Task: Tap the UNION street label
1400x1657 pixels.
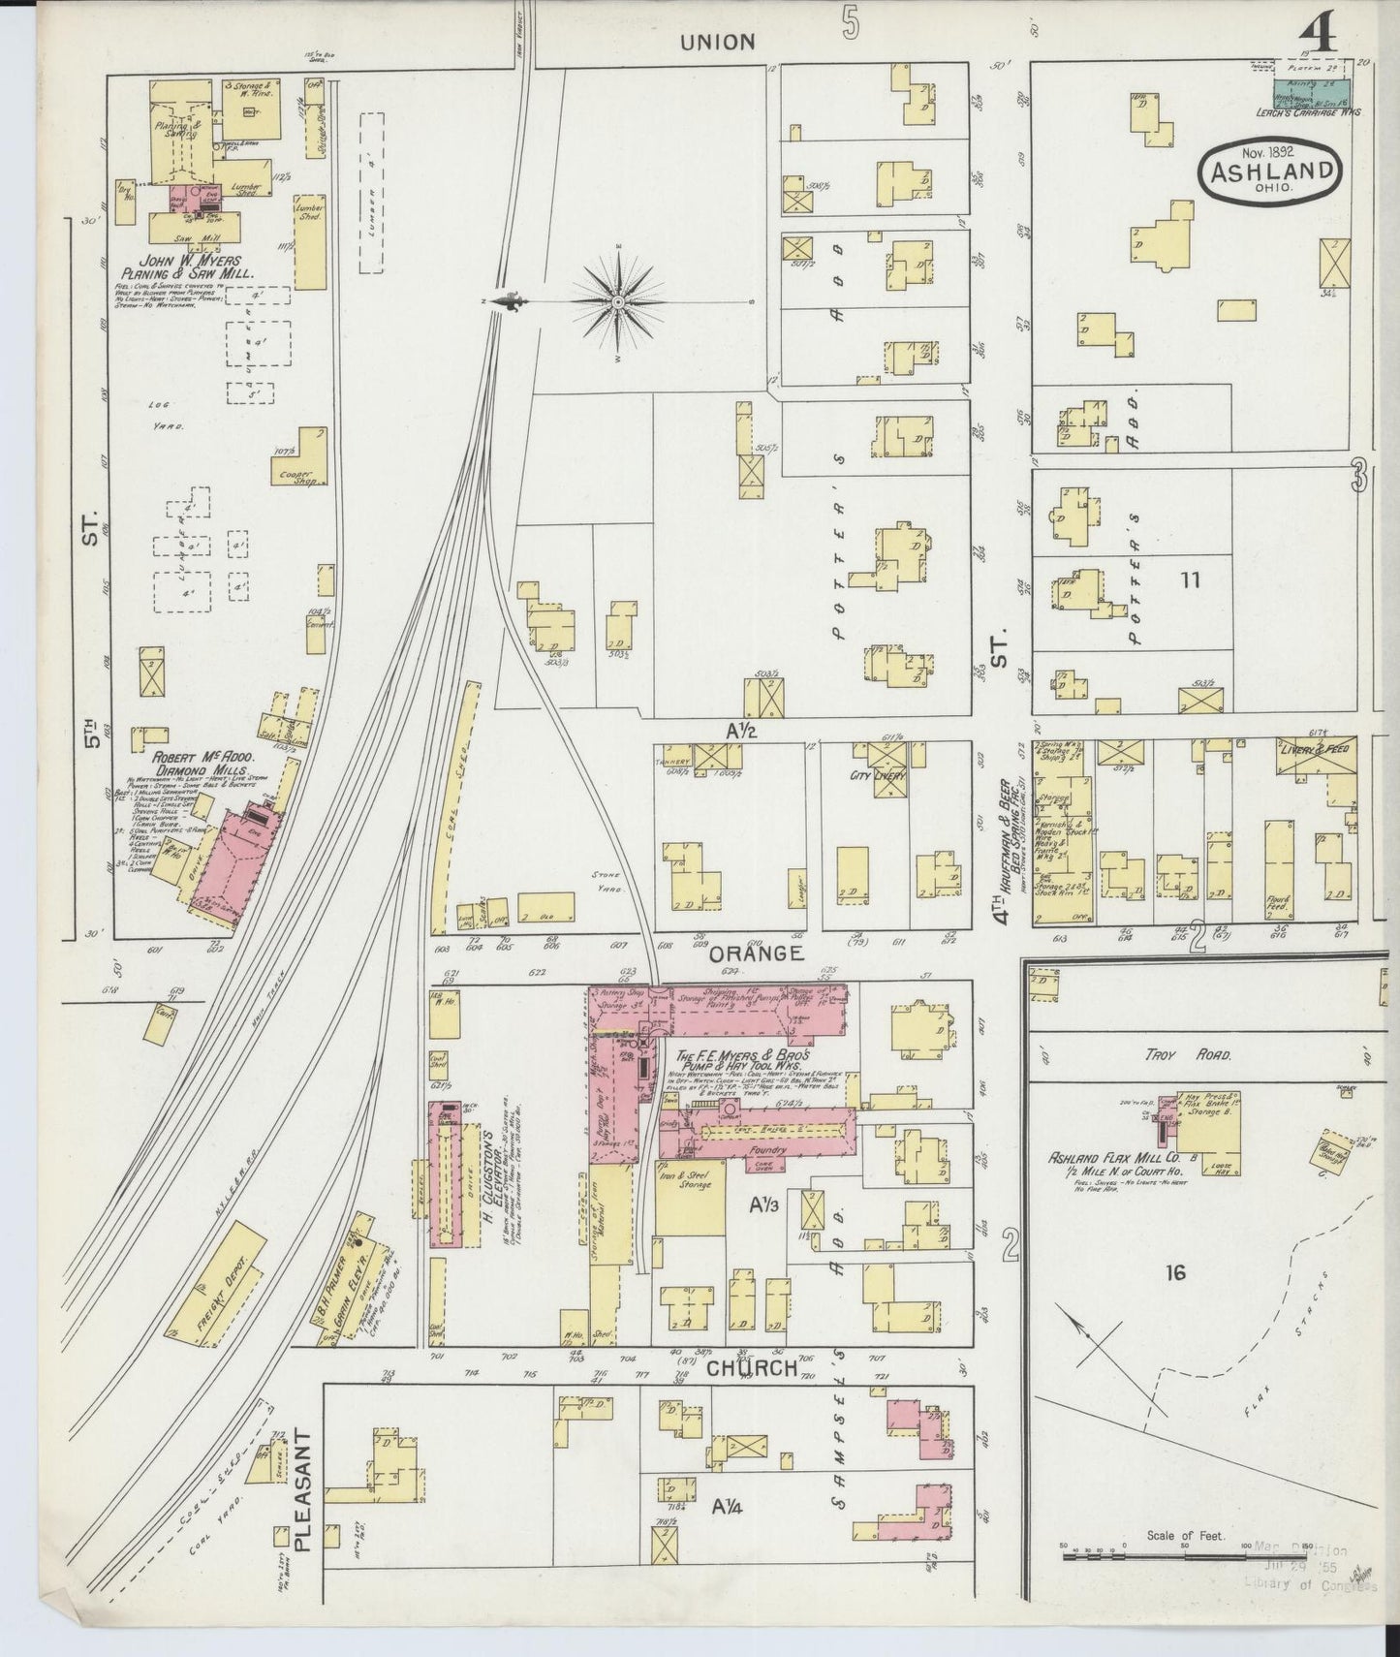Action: [x=717, y=42]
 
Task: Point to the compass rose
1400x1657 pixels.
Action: [x=618, y=302]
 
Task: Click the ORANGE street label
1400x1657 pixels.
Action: [x=756, y=954]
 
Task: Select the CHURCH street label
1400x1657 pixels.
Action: [x=753, y=1368]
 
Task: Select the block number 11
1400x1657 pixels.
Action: [x=1190, y=580]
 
